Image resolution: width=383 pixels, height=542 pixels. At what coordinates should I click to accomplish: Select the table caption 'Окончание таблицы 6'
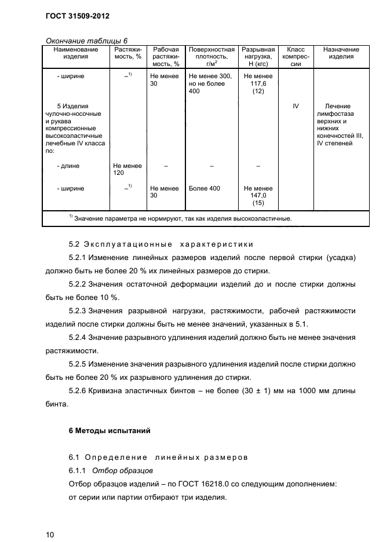(86, 40)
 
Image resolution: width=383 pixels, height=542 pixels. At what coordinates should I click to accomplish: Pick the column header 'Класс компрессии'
(296, 57)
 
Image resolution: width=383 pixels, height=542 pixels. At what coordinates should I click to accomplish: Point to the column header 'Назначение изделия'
(341, 53)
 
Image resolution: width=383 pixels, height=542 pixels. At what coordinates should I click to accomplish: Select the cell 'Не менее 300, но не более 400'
(210, 83)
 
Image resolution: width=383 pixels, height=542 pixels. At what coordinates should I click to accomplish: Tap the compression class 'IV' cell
(296, 107)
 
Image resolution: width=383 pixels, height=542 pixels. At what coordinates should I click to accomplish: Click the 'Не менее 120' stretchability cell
(127, 169)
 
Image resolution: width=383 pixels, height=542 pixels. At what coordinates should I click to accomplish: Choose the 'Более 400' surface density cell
(205, 188)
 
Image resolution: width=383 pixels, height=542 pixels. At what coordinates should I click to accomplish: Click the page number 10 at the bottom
(50, 534)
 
